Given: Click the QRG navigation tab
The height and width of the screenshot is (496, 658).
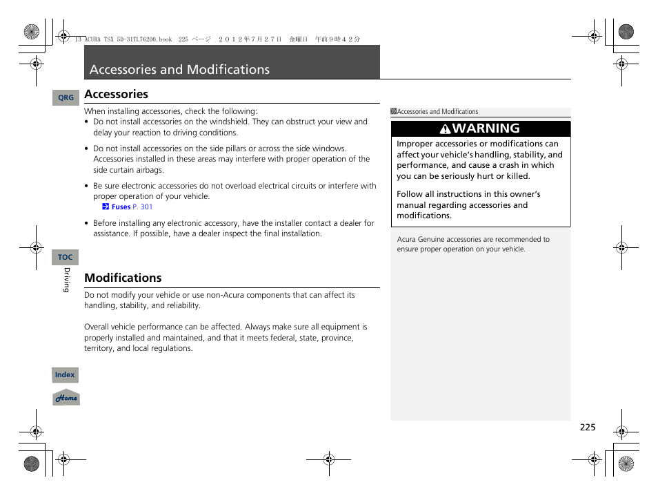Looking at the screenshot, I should (66, 98).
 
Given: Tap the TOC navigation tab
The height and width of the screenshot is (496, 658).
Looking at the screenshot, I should (66, 258).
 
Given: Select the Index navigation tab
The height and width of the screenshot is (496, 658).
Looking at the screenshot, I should (66, 375).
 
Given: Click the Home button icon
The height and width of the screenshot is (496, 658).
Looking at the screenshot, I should (66, 398).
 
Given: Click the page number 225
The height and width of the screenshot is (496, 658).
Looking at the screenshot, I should (587, 428).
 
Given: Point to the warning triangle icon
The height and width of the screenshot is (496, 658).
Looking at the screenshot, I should (446, 128).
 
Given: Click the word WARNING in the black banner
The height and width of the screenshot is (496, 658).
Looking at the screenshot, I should (486, 128).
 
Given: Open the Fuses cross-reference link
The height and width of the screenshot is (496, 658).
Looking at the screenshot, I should (121, 207).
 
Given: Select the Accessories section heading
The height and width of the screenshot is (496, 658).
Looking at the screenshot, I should (116, 94).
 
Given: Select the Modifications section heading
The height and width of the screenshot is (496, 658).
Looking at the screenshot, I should (123, 278).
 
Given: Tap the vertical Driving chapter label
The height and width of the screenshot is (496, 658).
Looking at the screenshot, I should (67, 280).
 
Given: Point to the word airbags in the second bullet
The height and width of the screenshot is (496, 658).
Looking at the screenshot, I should (151, 170).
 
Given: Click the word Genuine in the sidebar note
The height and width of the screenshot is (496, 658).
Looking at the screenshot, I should (432, 240).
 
